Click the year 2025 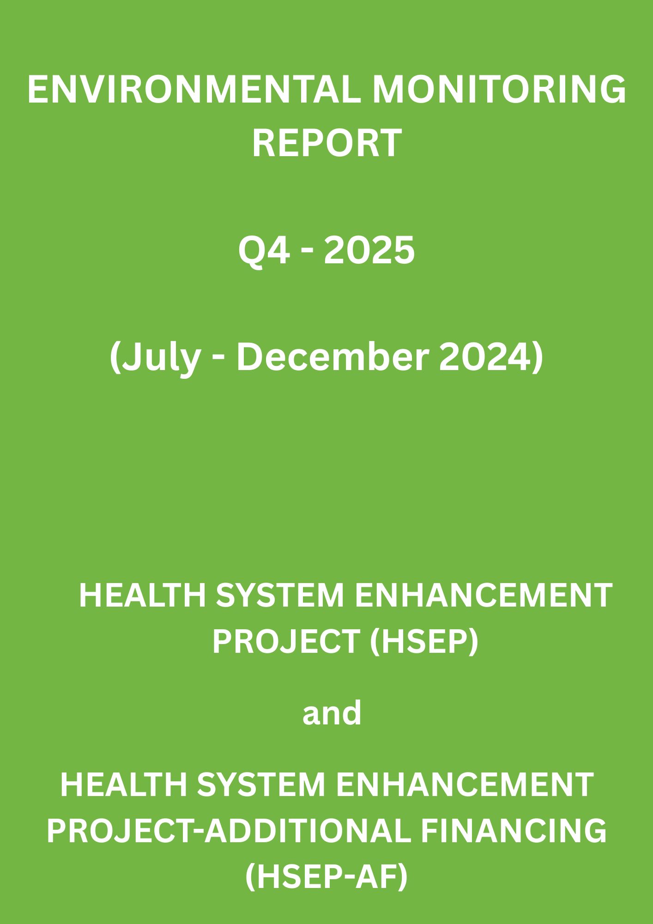[369, 250]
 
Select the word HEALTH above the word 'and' [142, 596]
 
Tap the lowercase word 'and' [332, 713]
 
